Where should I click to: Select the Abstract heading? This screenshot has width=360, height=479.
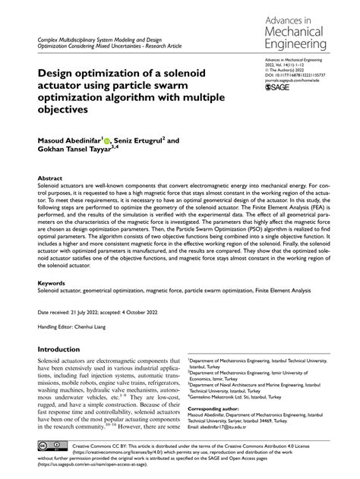click(x=50, y=178)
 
